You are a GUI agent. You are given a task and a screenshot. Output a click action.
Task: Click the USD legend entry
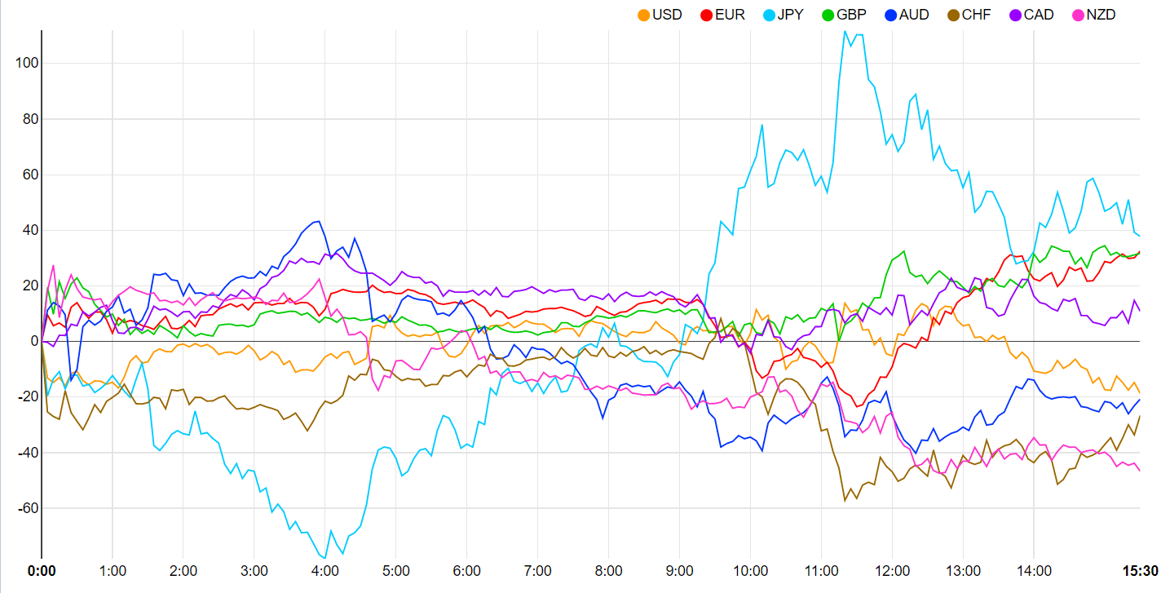(667, 15)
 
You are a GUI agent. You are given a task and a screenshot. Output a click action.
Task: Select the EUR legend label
(729, 15)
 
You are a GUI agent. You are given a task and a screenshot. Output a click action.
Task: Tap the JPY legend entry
(790, 15)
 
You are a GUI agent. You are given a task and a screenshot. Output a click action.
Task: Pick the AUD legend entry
(914, 15)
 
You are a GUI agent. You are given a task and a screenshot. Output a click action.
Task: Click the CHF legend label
(976, 15)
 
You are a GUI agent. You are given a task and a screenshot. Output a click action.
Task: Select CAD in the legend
(1038, 15)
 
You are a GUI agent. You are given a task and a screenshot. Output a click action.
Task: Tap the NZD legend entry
(1100, 15)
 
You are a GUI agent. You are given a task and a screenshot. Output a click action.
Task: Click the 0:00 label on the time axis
(42, 570)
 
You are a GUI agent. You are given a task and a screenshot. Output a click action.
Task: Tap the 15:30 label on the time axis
(1141, 570)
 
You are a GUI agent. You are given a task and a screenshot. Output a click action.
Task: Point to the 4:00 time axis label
(325, 570)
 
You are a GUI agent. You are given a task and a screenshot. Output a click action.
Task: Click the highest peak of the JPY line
(845, 32)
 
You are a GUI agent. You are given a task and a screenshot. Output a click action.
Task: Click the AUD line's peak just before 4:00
(318, 221)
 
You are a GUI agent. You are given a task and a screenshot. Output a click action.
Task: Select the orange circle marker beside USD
(644, 15)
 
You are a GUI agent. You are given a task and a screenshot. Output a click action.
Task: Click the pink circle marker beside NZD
(1077, 15)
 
